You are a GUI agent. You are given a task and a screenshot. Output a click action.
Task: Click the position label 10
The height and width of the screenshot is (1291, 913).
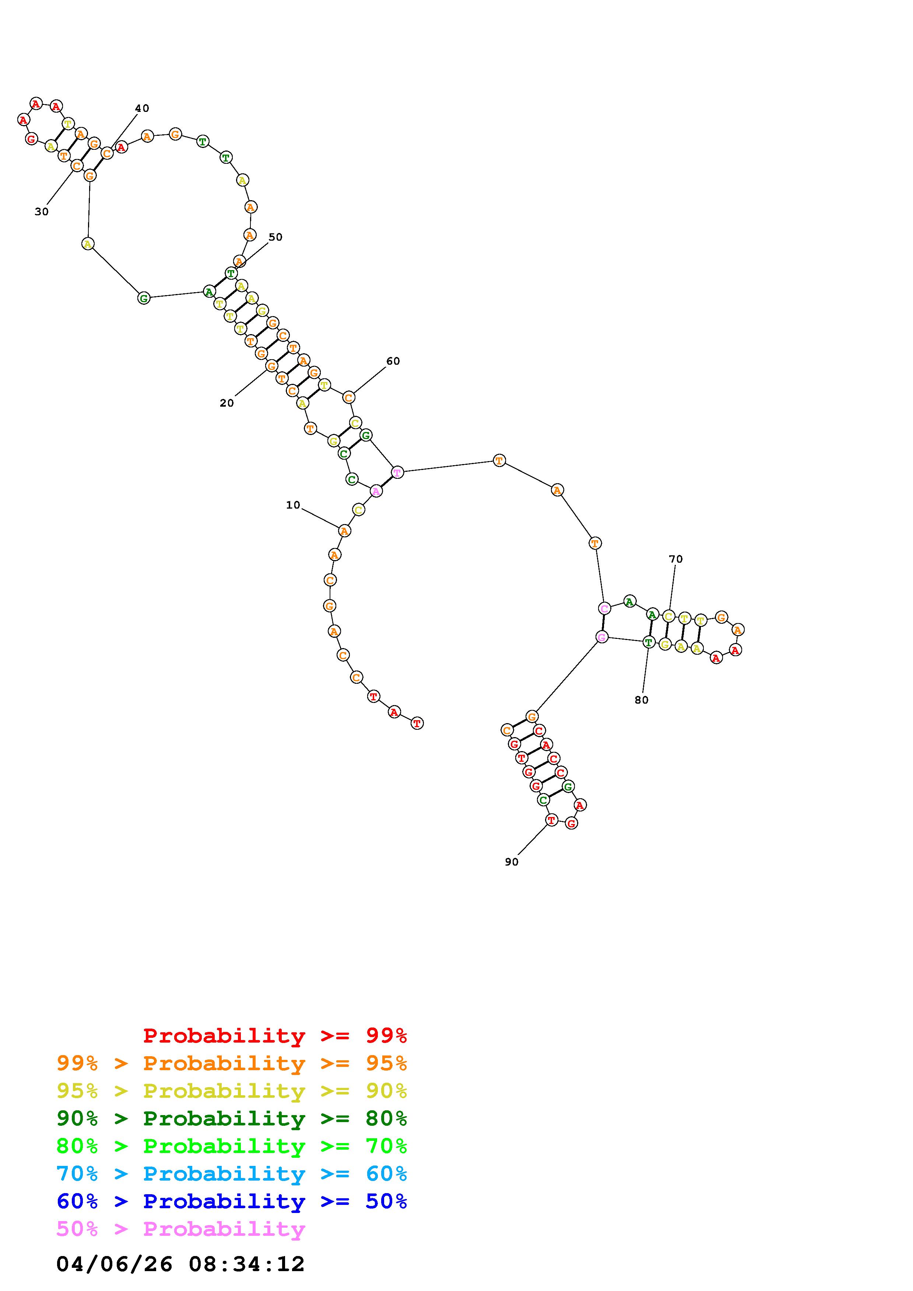point(293,505)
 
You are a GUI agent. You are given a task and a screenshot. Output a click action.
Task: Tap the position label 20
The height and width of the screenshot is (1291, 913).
point(227,403)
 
